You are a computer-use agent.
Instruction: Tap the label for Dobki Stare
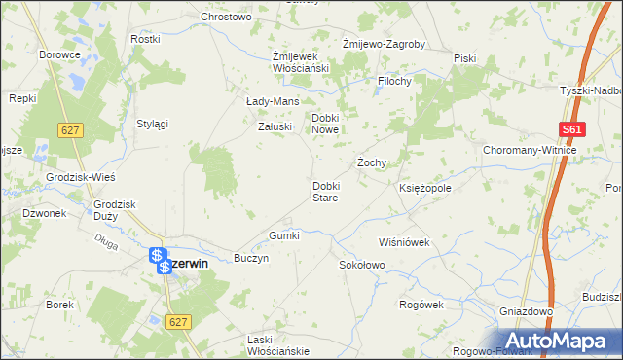(324, 191)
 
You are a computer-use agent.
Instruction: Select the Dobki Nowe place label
(324, 124)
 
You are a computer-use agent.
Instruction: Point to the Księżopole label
(424, 187)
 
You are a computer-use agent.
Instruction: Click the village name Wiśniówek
(404, 242)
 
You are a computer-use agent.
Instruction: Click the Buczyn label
(250, 259)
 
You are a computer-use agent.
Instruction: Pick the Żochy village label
(373, 162)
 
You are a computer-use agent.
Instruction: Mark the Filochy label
(395, 82)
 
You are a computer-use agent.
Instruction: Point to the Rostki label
(144, 40)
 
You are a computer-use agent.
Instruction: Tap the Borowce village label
(58, 54)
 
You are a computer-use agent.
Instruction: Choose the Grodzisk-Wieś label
(81, 178)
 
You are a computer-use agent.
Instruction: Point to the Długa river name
(108, 246)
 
